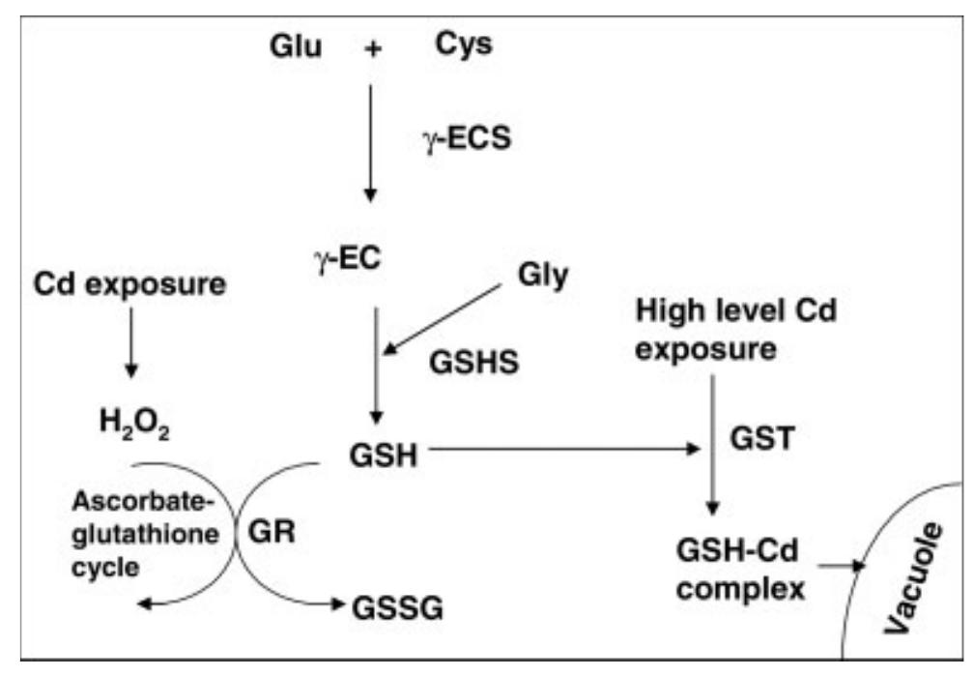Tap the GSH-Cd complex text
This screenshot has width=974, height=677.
pyautogui.click(x=743, y=571)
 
